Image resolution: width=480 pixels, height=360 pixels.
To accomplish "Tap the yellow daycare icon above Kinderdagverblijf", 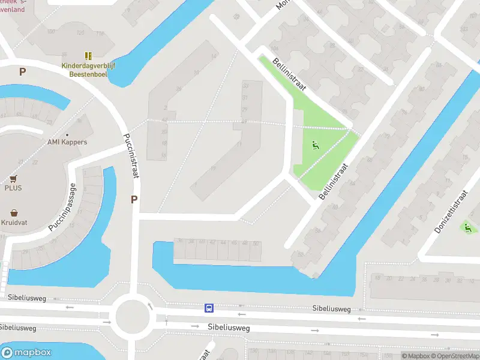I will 89,56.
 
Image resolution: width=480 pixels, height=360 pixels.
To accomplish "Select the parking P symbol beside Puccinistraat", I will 134,200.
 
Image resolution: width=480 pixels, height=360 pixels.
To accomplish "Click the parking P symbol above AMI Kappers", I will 22,71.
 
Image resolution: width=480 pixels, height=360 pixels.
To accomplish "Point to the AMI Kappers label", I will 67,142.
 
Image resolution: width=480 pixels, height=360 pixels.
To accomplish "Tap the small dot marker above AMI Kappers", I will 67,135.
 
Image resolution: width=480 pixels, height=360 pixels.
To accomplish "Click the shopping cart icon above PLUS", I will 13,179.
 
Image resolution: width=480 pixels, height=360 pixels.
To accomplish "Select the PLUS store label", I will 13,188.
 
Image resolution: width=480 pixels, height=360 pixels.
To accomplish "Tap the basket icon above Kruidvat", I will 13,213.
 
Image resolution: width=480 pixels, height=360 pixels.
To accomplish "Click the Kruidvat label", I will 14,223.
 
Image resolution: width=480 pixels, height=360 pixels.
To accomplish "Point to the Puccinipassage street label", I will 62,208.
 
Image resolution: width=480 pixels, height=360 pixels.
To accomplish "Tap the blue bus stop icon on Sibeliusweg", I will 209,308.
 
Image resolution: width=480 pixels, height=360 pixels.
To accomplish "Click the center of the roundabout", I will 133,316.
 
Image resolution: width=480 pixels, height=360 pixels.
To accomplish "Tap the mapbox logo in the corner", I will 26,352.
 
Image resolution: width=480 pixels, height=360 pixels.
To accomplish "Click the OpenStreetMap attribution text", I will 455,356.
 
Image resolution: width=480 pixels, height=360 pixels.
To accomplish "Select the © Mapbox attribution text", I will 415,356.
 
